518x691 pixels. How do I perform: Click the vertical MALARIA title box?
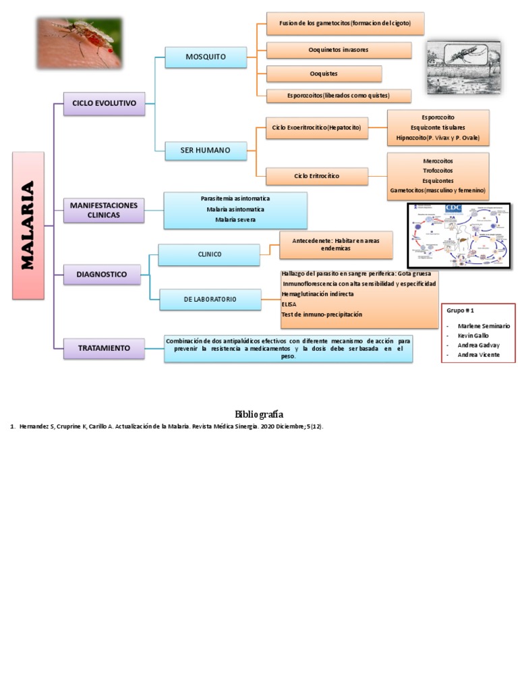click(x=28, y=225)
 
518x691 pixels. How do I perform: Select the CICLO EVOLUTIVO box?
click(x=104, y=104)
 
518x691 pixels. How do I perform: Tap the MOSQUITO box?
click(x=206, y=57)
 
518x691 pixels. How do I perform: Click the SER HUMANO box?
click(x=205, y=150)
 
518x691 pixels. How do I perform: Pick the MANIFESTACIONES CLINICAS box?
click(x=104, y=210)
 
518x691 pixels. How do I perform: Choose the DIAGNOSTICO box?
click(x=104, y=274)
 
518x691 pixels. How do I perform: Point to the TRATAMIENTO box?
click(x=104, y=348)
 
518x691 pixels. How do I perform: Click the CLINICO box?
click(x=209, y=254)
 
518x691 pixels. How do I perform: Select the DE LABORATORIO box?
click(x=210, y=299)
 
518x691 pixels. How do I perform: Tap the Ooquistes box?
click(x=324, y=74)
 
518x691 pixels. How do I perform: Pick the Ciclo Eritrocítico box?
click(x=316, y=176)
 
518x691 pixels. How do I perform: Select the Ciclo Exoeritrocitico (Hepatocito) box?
click(x=316, y=128)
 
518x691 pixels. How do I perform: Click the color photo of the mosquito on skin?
click(x=79, y=43)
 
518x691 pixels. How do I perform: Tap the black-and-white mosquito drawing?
click(x=464, y=65)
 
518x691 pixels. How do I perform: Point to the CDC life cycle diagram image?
click(x=458, y=235)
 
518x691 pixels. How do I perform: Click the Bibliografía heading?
click(x=259, y=414)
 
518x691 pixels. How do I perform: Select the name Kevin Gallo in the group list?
click(x=473, y=335)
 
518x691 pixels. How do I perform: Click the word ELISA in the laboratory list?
click(x=289, y=304)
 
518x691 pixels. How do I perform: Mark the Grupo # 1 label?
click(x=461, y=310)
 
